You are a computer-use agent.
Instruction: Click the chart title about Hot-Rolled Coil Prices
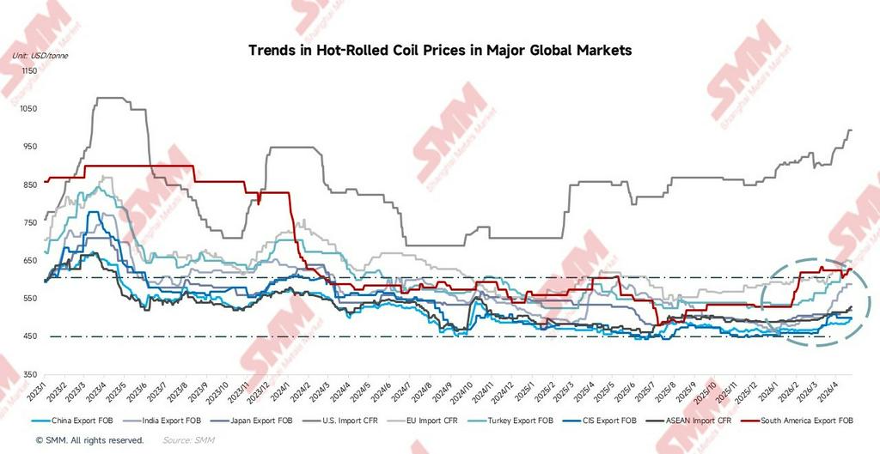pos(440,51)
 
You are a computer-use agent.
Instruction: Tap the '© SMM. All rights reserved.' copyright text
pos(89,439)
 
